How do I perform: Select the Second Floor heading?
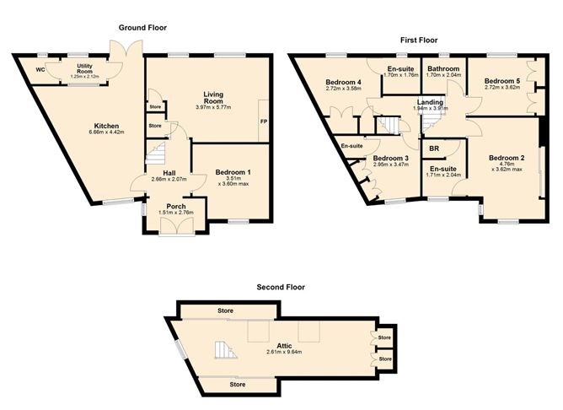(281, 287)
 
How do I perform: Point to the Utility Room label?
(84, 67)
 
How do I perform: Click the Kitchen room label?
(106, 126)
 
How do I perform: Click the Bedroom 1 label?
(230, 171)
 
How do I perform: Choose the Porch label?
(175, 207)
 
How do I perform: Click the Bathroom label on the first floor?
(442, 68)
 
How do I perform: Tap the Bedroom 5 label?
(501, 82)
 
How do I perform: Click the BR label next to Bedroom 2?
(433, 148)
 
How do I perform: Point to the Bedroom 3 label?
(391, 159)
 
